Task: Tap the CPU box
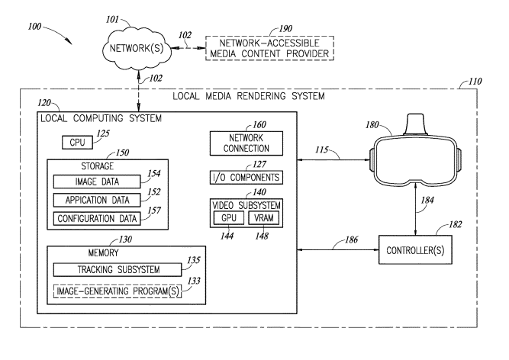tap(77, 143)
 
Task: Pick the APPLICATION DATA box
tap(96, 201)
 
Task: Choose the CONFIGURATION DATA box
tap(96, 219)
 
